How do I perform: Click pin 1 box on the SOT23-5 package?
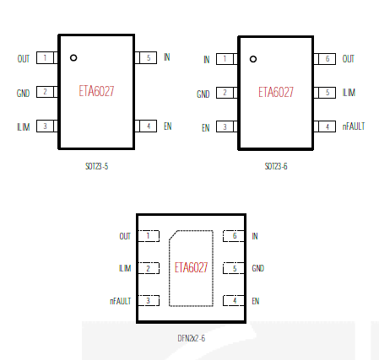coord(47,58)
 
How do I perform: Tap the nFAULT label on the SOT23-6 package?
coord(354,126)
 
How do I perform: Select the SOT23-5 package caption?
coord(96,166)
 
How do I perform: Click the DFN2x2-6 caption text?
coord(192,338)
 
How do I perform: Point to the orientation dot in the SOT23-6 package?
coord(253,59)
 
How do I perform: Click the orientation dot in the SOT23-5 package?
coord(73,57)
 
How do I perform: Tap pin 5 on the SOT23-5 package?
coord(146,57)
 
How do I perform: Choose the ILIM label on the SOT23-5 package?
coord(24,127)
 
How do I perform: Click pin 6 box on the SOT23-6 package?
coord(325,59)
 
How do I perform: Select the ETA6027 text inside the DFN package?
coord(191,267)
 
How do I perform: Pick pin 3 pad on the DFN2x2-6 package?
coord(149,301)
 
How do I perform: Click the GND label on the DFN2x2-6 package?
coord(258,268)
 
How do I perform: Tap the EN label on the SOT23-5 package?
coord(168,126)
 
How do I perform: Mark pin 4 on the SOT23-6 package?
coord(325,126)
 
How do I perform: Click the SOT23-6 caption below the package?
coord(276,166)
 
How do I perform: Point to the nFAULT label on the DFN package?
coord(121,301)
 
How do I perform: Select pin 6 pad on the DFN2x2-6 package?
coord(234,236)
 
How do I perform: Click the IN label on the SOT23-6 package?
coord(207,60)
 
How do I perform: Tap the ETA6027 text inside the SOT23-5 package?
coord(96,91)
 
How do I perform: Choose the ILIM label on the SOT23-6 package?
coord(349,93)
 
